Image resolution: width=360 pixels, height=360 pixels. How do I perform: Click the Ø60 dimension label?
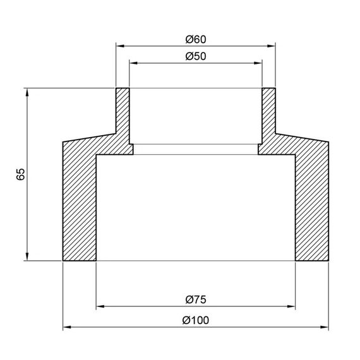pyautogui.click(x=196, y=39)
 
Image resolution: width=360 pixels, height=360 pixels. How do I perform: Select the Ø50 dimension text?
pyautogui.click(x=196, y=56)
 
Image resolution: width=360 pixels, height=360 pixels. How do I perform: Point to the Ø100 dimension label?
pyautogui.click(x=196, y=320)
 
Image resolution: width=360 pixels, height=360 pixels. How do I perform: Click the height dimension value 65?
pyautogui.click(x=21, y=174)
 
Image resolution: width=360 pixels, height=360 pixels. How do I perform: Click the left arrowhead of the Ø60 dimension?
pyautogui.click(x=120, y=45)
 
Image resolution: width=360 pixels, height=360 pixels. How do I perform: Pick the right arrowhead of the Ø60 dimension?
pyautogui.click(x=272, y=45)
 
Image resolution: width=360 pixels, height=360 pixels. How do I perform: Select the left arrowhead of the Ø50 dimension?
pyautogui.click(x=133, y=63)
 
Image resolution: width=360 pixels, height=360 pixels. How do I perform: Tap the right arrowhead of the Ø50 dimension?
pyautogui.click(x=258, y=63)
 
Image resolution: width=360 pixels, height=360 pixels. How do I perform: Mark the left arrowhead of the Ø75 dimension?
pyautogui.click(x=100, y=307)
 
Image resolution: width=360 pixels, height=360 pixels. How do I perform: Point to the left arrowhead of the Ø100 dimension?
pyautogui.click(x=68, y=327)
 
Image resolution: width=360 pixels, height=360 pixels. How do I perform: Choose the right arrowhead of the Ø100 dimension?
pyautogui.click(x=325, y=327)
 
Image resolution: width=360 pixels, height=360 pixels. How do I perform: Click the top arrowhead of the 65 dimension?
pyautogui.click(x=27, y=92)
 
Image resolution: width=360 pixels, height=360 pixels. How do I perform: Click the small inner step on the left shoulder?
pyautogui.click(x=131, y=149)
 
